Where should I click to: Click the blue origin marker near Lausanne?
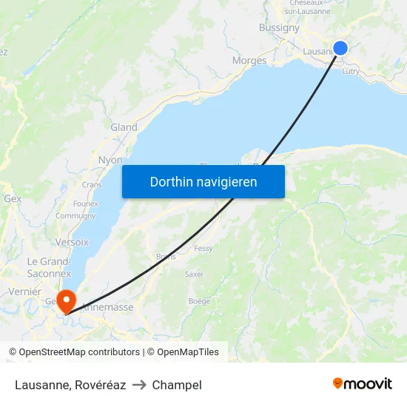tap(340, 48)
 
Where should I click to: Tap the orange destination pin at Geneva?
tap(66, 300)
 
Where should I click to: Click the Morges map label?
tap(249, 61)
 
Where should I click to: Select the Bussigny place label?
tap(279, 28)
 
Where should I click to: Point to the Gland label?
tap(124, 127)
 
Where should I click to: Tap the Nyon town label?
tap(110, 160)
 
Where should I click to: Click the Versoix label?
tap(72, 242)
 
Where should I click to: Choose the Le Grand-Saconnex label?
tap(50, 267)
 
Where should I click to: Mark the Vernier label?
tap(24, 292)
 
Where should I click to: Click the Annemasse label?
tap(107, 306)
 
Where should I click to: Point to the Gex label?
tap(13, 199)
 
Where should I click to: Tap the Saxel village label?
tap(193, 274)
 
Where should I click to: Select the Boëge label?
tap(199, 301)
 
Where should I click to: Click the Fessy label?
tap(203, 249)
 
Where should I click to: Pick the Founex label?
tap(85, 203)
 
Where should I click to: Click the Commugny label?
tap(75, 216)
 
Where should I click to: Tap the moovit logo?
tap(363, 383)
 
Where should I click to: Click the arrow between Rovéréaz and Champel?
tap(138, 385)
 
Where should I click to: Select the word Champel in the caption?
tap(177, 385)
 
